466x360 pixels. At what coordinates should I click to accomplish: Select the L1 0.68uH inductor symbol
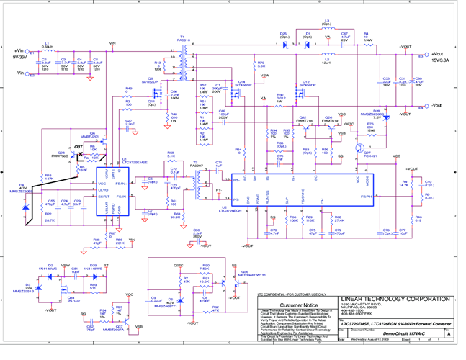tap(48, 51)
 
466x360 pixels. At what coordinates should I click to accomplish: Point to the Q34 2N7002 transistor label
tap(71, 296)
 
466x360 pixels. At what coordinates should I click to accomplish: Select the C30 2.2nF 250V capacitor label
tap(197, 233)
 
